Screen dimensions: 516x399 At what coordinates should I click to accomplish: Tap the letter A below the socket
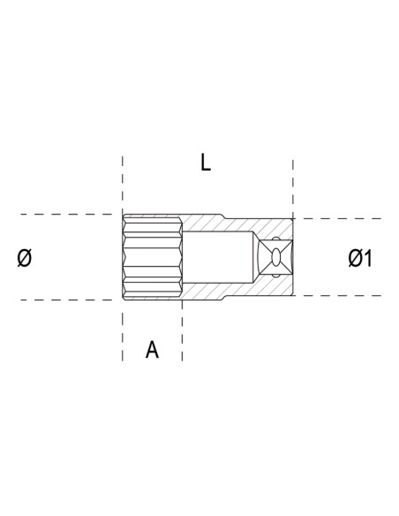(x=152, y=350)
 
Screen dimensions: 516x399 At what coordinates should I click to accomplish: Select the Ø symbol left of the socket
(x=26, y=258)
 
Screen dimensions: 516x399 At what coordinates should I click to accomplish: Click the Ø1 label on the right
(x=360, y=258)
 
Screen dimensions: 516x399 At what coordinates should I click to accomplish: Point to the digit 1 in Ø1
(x=368, y=258)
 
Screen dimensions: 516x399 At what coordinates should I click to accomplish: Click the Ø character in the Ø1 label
(x=355, y=258)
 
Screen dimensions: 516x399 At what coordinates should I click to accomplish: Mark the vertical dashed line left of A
(x=123, y=336)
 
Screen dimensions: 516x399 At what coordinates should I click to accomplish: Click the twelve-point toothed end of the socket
(x=152, y=257)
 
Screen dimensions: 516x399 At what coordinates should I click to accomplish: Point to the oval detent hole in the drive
(x=281, y=257)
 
